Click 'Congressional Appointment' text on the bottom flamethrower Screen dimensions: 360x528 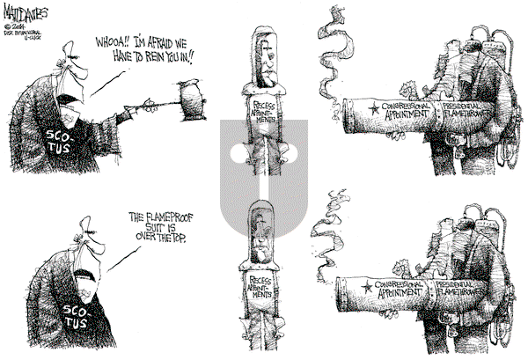(399, 290)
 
